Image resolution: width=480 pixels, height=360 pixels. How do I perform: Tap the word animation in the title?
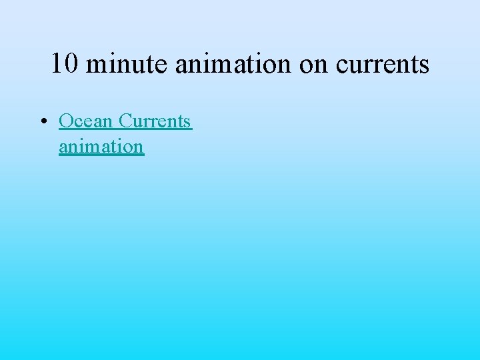(x=234, y=64)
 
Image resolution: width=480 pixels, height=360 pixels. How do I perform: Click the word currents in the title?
(x=383, y=64)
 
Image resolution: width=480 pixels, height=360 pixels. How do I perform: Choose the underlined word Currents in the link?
(x=155, y=121)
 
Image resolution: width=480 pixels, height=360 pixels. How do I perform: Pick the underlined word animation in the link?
(x=101, y=146)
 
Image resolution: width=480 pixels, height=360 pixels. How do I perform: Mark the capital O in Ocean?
(x=66, y=121)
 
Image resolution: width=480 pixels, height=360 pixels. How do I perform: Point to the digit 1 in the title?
(x=58, y=64)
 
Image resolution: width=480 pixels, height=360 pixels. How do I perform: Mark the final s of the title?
(x=424, y=65)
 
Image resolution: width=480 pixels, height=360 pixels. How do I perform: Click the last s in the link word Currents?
(x=187, y=122)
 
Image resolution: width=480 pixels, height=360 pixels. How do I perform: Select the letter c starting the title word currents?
(x=343, y=65)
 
